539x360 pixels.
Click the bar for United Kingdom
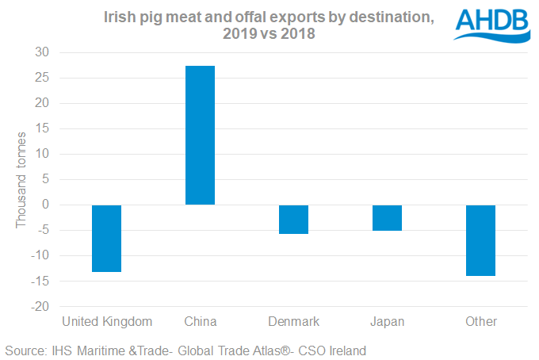tap(106, 238)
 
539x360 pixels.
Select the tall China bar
tap(200, 135)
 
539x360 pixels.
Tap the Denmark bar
tap(293, 219)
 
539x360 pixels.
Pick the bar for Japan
tap(387, 217)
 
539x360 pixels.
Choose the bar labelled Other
tap(480, 240)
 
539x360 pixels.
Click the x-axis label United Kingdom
tap(106, 321)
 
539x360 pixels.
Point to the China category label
tap(200, 321)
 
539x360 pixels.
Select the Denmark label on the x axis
tap(293, 321)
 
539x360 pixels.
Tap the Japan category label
tap(387, 321)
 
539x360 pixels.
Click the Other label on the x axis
tap(481, 321)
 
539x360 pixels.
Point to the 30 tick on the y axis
tap(40, 52)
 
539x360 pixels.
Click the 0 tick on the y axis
tap(44, 205)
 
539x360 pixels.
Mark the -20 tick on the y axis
tap(38, 306)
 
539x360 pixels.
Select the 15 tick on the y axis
tap(40, 128)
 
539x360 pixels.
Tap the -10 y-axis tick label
tap(38, 255)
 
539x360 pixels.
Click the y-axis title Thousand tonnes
tap(21, 180)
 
